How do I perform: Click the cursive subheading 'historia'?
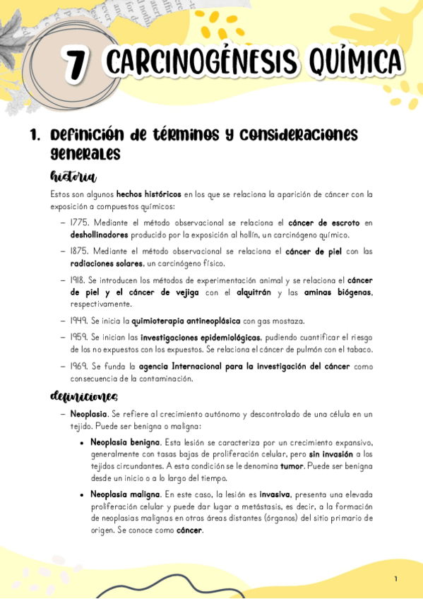(73, 176)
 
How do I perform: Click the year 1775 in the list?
(80, 223)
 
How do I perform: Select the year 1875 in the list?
(81, 251)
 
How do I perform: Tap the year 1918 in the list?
(80, 280)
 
